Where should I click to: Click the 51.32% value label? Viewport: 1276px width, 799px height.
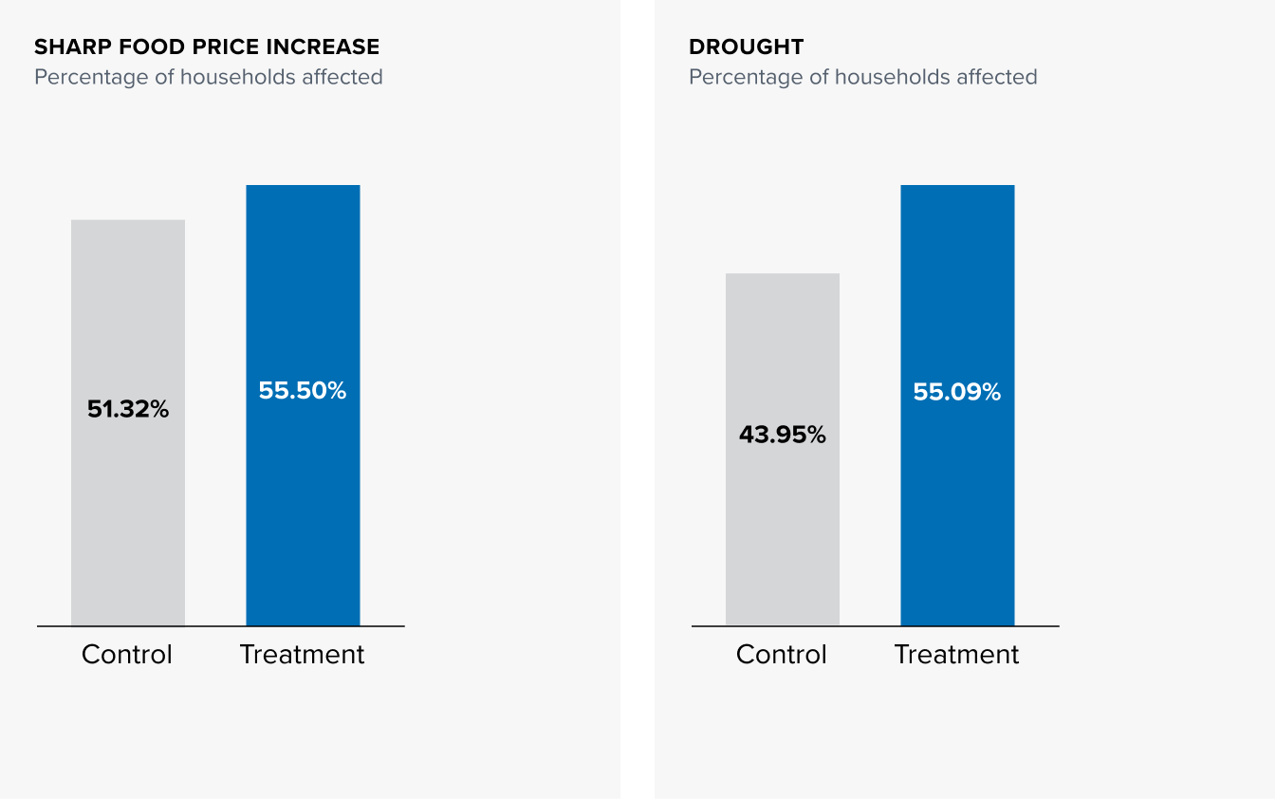point(128,410)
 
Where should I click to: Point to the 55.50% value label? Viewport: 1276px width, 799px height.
point(303,390)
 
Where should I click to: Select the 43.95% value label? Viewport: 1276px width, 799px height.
point(783,435)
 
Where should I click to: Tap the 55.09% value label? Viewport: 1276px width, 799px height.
point(957,392)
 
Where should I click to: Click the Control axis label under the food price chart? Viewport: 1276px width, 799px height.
point(127,655)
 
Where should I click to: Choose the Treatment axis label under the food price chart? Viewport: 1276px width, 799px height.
point(302,655)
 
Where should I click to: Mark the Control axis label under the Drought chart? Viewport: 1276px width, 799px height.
point(782,655)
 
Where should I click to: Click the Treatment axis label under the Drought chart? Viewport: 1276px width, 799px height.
point(956,655)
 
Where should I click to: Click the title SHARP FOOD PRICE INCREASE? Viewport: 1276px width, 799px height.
point(207,46)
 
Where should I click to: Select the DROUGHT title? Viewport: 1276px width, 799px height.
point(747,46)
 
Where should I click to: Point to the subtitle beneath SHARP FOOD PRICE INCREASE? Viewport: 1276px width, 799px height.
point(209,77)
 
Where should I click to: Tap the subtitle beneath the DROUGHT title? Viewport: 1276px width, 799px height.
point(863,77)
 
